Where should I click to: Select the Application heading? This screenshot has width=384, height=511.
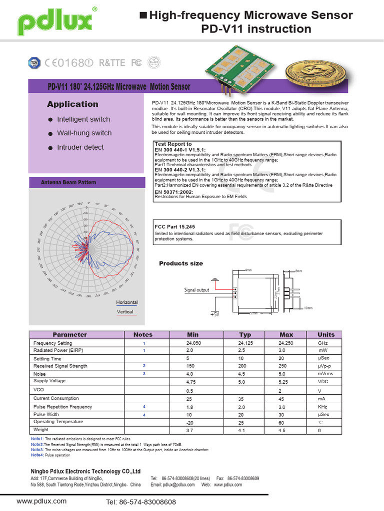click(72, 104)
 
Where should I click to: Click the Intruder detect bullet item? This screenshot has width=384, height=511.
click(80, 147)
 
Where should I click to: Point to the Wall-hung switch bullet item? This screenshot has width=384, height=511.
click(84, 133)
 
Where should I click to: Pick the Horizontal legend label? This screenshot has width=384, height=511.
click(127, 302)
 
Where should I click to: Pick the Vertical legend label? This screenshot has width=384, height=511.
click(125, 312)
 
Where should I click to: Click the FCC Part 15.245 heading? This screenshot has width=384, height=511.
click(174, 227)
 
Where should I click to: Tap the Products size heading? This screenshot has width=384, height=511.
click(181, 263)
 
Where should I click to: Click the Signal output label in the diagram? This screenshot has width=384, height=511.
click(197, 289)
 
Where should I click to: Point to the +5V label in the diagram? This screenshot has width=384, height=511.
click(214, 315)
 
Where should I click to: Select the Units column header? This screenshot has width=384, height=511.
click(326, 334)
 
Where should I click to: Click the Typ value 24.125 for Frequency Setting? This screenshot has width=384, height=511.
click(245, 343)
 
